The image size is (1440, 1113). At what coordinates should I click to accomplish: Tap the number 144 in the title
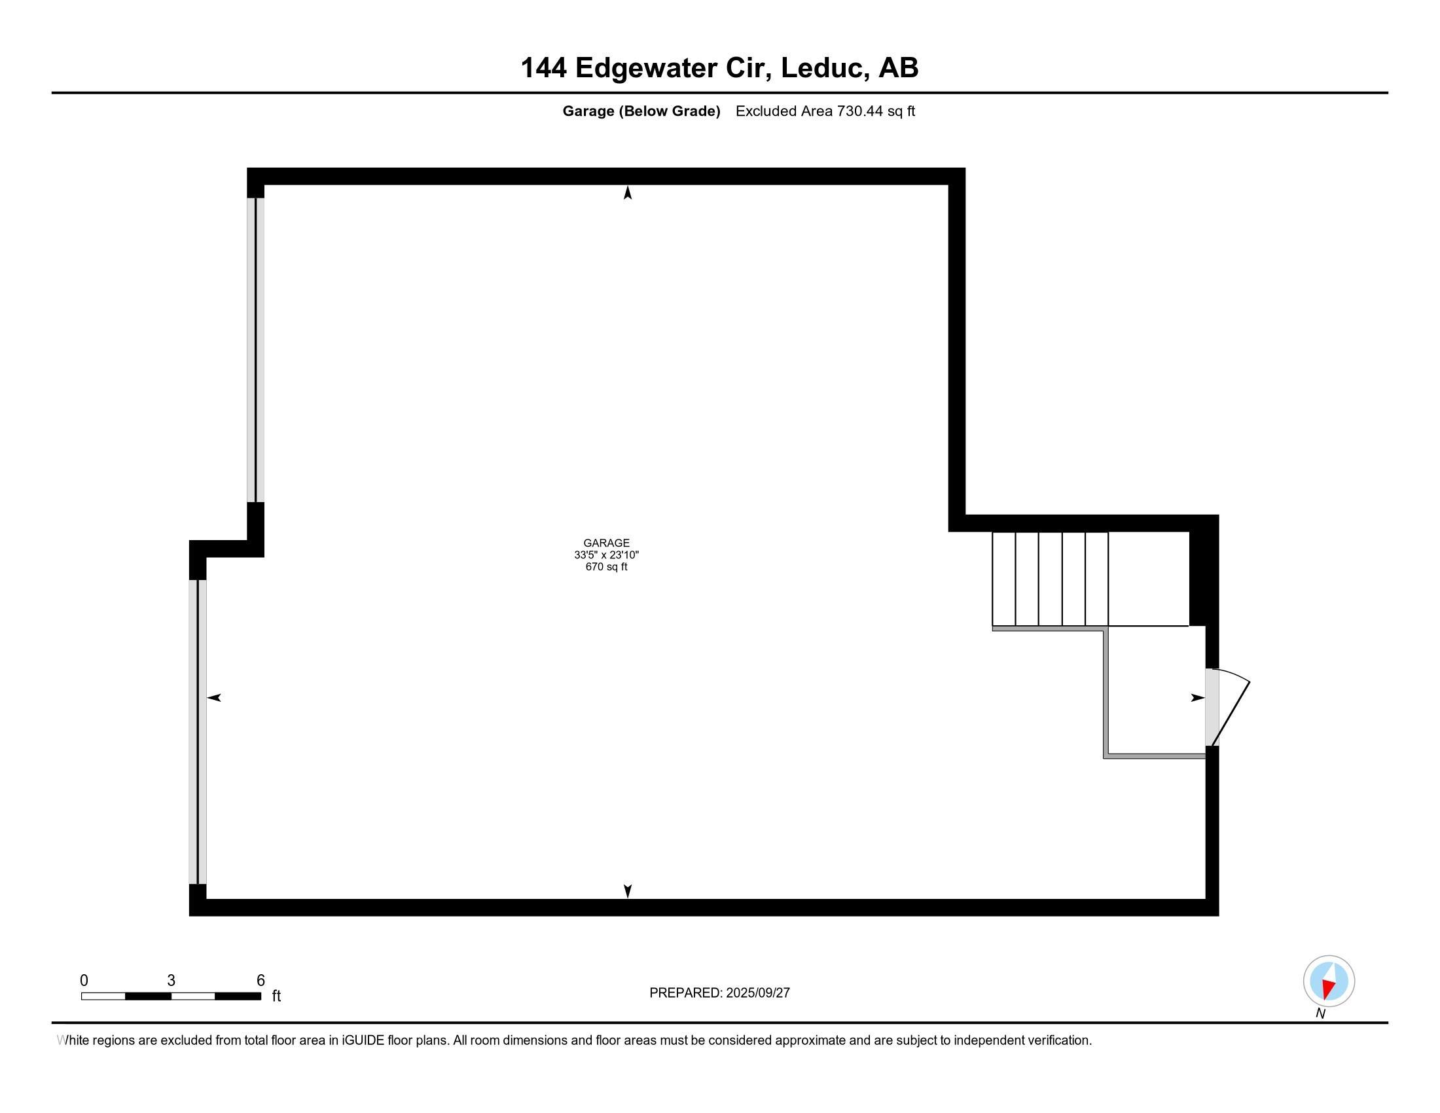point(544,68)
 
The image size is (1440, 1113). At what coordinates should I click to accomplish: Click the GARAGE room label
point(606,543)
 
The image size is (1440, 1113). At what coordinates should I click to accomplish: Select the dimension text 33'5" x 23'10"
point(606,555)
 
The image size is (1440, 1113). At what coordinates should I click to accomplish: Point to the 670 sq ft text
point(606,567)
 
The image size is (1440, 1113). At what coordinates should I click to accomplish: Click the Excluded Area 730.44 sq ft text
point(825,111)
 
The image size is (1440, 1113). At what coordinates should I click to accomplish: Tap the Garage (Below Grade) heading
point(641,111)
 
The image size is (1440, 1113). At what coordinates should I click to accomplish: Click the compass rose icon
point(1329,981)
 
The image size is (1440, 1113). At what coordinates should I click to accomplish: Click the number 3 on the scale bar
point(171,981)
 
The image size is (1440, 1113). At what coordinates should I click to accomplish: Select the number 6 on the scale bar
point(261,981)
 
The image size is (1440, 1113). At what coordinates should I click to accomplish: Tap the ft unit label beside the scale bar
point(276,996)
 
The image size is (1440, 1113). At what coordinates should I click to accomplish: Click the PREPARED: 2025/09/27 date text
point(719,993)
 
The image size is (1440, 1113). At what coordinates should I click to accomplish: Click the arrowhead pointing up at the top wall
point(628,192)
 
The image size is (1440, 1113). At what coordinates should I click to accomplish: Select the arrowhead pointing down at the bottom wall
point(628,891)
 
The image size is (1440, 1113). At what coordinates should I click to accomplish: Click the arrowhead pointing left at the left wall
point(214,698)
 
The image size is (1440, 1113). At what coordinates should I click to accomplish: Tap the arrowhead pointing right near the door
point(1197,698)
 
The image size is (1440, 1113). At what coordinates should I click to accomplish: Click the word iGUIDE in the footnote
point(363,1040)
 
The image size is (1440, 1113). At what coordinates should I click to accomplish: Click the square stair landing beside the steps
point(1148,579)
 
